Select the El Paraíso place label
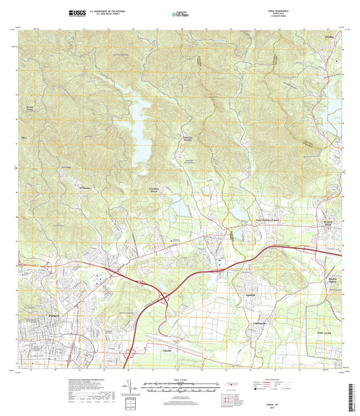[84, 187]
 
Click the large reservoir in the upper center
[143, 132]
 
